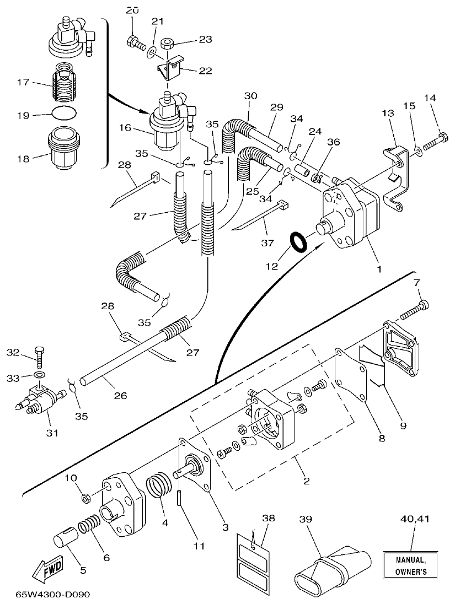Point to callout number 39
tap(306, 520)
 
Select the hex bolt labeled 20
tap(135, 40)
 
